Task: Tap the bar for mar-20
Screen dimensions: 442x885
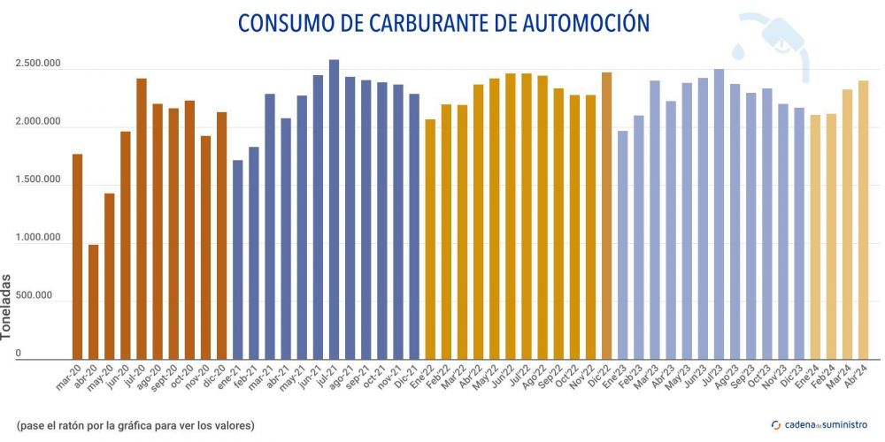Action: point(77,256)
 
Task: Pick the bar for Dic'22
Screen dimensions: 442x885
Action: point(606,216)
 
